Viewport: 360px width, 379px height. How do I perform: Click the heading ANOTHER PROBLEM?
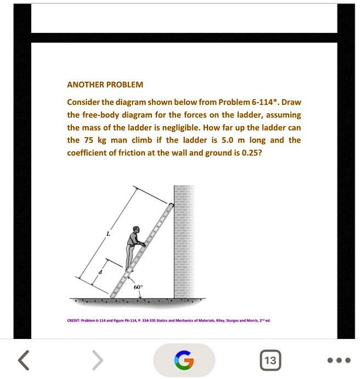(x=105, y=85)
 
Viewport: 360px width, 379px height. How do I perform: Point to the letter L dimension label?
(x=108, y=235)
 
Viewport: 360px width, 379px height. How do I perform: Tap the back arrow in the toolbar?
(x=23, y=360)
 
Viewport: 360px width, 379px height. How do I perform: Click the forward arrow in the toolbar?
(x=97, y=360)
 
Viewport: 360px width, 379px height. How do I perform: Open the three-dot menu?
(x=337, y=360)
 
